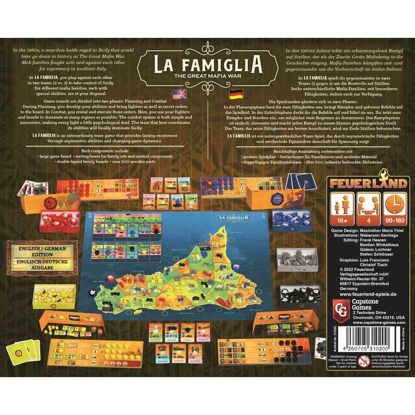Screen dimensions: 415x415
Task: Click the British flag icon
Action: tap(179, 94)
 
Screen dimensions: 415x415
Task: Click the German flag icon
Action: tap(235, 94)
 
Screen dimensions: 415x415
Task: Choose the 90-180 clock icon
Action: tap(397, 206)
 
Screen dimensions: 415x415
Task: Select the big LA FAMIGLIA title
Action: tap(207, 64)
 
